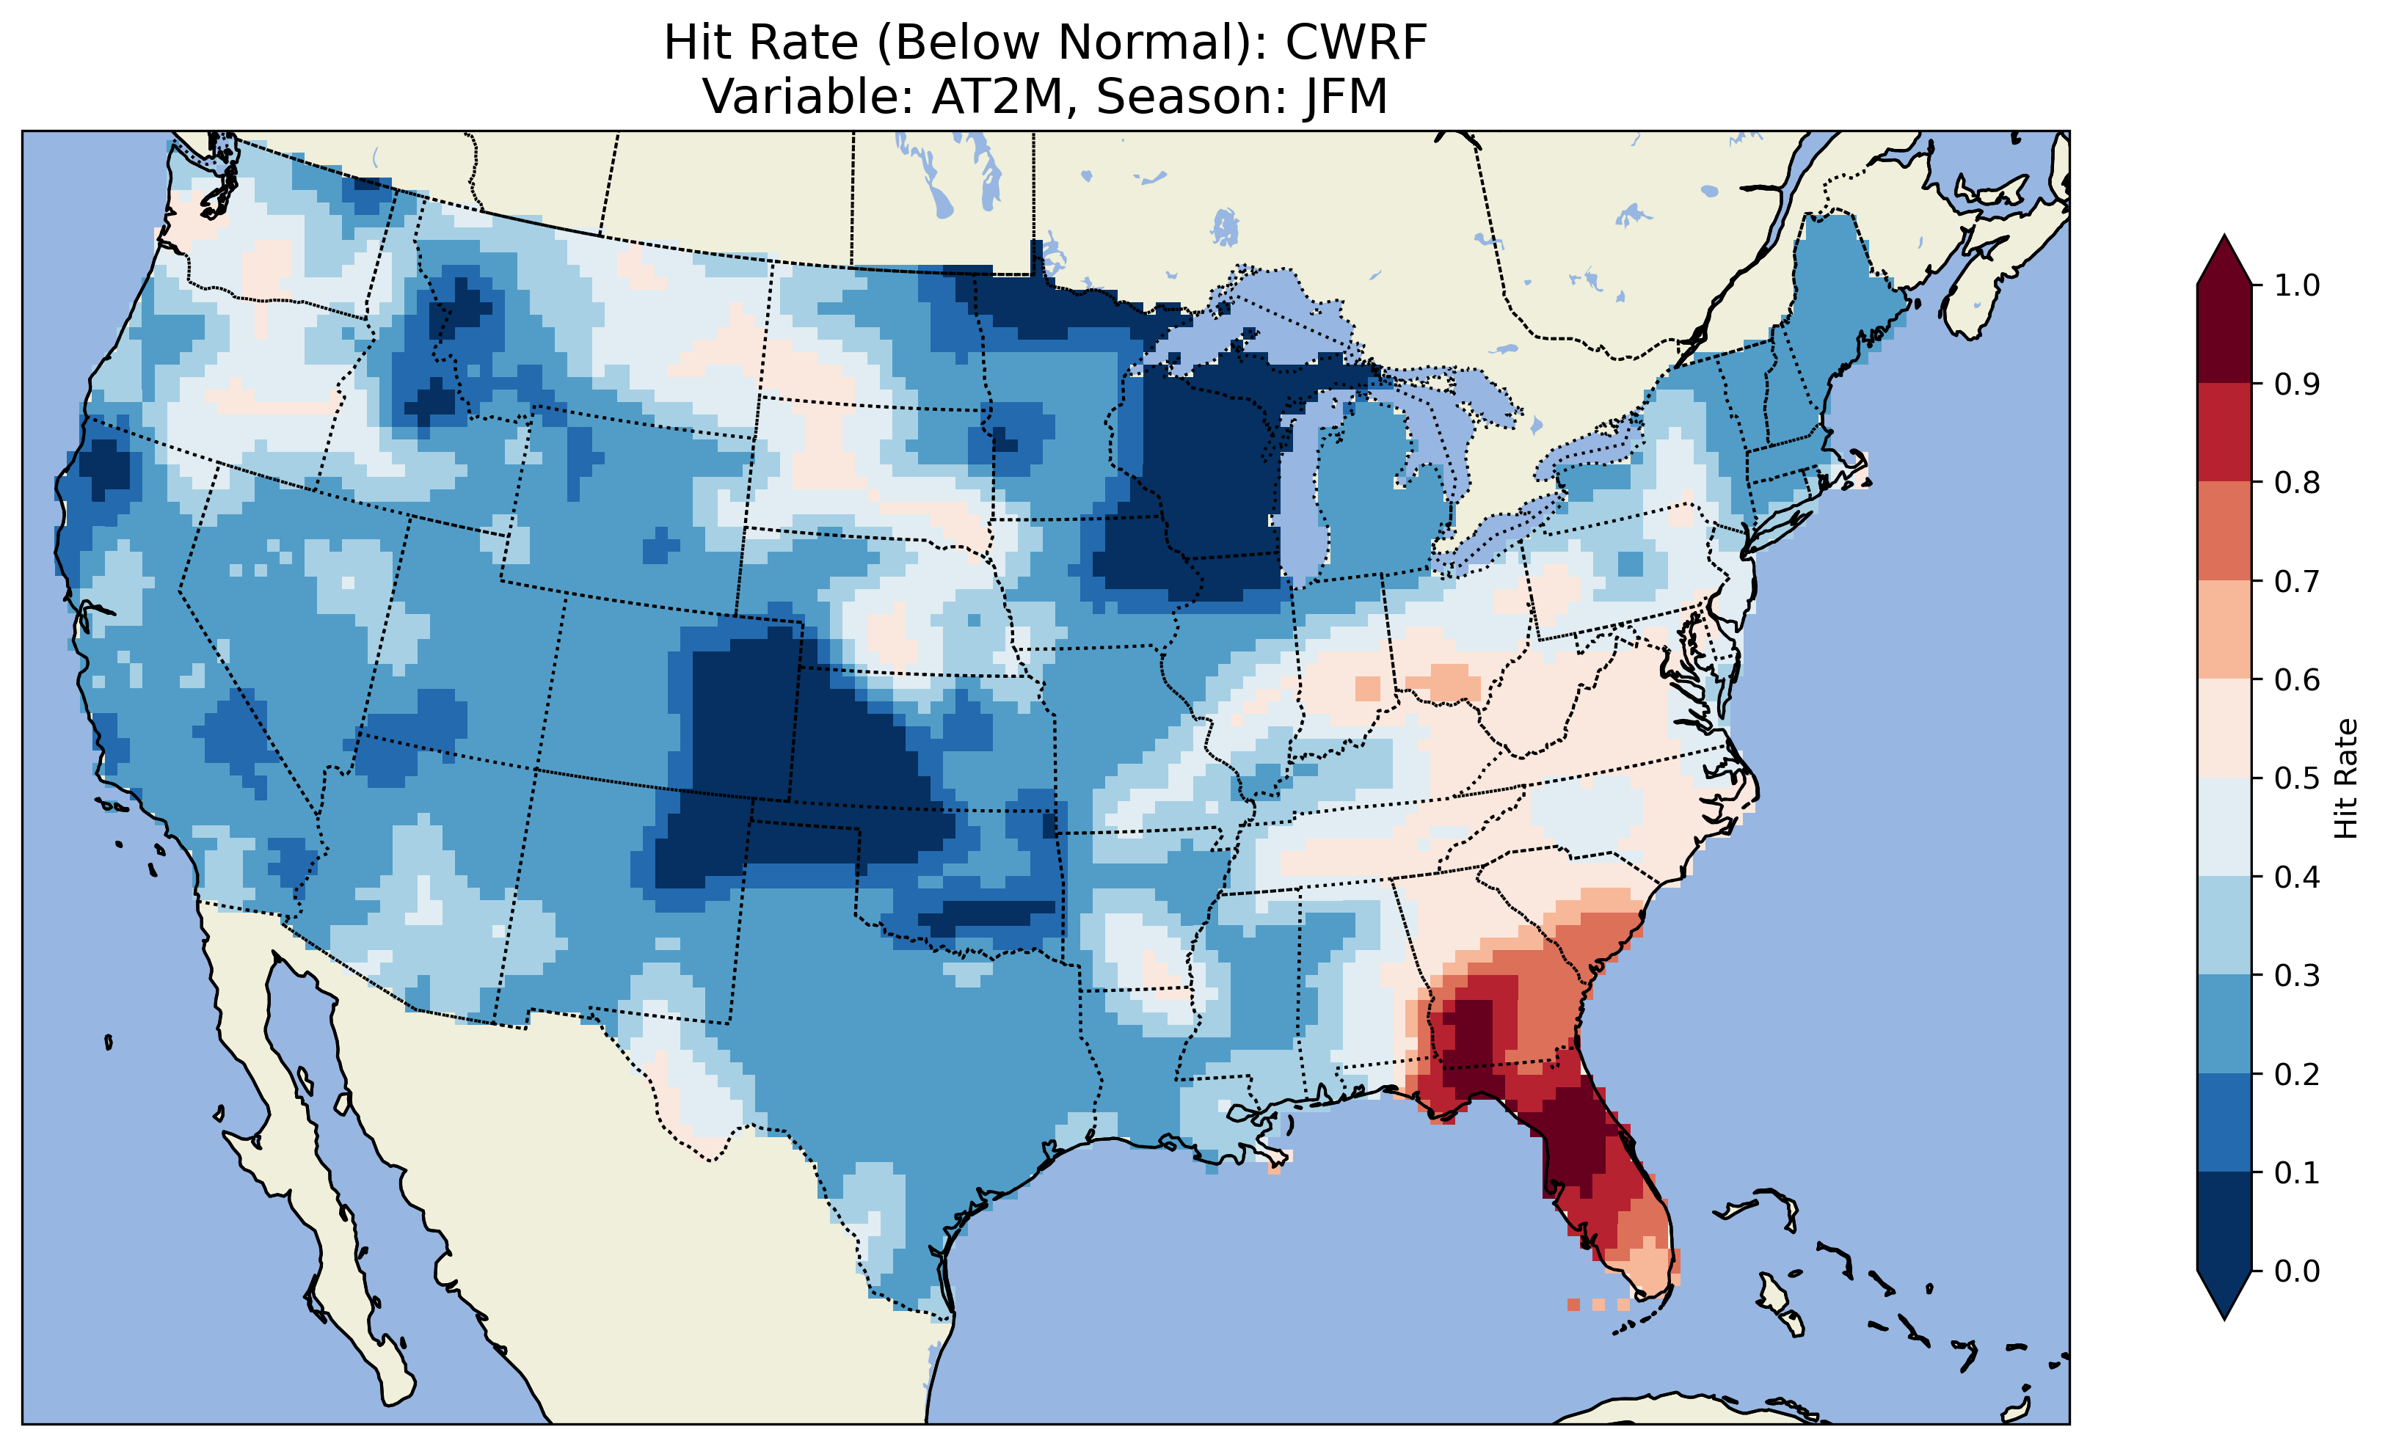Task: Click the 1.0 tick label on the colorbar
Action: [2297, 285]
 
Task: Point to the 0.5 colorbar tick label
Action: [2297, 778]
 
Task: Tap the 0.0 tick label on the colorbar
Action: [2297, 1271]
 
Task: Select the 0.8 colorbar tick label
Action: [2297, 482]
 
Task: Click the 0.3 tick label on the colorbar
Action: [2297, 976]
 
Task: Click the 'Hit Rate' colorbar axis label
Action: [2345, 778]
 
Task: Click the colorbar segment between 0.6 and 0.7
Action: [2224, 629]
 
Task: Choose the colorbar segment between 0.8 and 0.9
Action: [2224, 433]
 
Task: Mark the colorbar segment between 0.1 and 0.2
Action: [2224, 1122]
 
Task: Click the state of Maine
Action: [1839, 291]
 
